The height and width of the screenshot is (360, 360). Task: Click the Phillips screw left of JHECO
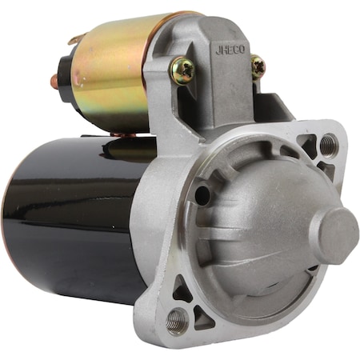182,71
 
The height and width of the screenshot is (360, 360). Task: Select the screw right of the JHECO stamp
258,66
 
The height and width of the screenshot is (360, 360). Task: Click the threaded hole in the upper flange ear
328,145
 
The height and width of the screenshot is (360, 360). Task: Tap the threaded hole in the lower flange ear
177,322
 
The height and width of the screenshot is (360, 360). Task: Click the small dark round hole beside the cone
202,195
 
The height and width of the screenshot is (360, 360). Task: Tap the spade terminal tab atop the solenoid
74,39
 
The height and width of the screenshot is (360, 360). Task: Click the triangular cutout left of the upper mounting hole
307,144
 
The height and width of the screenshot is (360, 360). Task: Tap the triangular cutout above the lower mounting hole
182,293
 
